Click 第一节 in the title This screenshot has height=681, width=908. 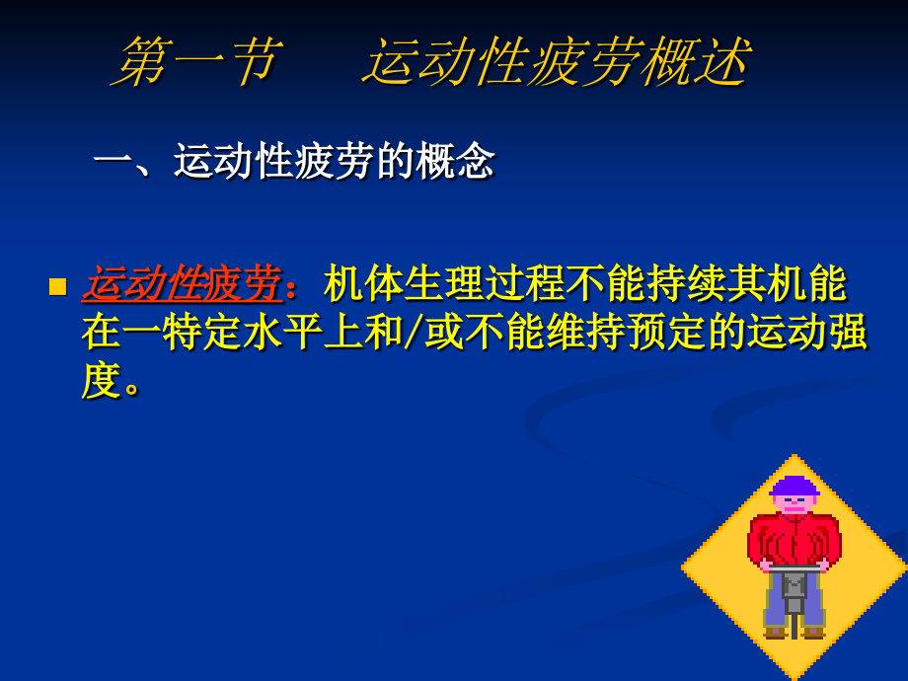click(197, 62)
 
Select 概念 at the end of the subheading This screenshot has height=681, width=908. click(455, 161)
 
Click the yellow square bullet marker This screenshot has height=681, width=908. click(58, 287)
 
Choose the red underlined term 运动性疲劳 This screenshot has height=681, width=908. click(182, 284)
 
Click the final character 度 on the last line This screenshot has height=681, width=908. click(101, 380)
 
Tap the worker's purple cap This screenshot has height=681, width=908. click(794, 487)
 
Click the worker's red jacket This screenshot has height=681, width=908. click(794, 539)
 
